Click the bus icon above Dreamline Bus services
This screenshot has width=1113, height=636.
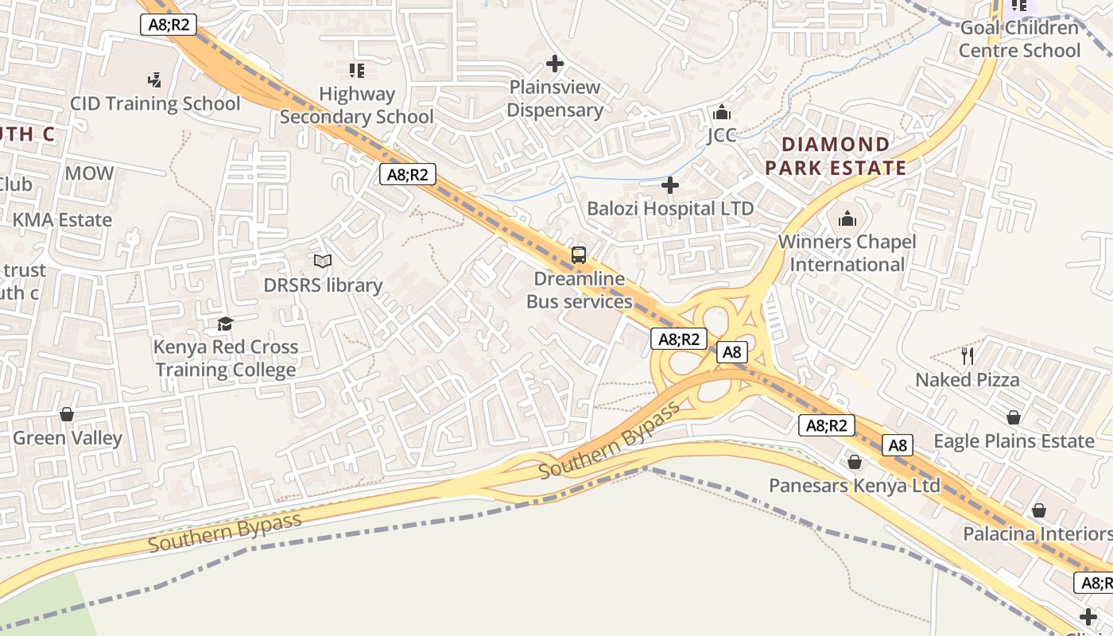coord(579,255)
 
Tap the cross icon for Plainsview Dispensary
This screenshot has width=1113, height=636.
coord(555,64)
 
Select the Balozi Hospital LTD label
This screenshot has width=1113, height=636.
coord(670,208)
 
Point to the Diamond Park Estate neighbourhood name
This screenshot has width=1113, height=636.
coord(836,156)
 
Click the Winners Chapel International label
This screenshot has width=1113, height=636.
coord(847,253)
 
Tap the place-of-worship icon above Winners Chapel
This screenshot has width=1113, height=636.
coord(847,218)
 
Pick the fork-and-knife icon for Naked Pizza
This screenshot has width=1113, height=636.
coord(967,355)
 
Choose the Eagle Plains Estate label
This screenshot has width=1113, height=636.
coord(1014,440)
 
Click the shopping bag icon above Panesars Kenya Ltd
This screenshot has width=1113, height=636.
coord(855,462)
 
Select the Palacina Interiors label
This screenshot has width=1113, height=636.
coord(1037,533)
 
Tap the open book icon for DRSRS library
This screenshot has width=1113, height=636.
coord(323,261)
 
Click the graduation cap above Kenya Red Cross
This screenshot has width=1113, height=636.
coord(226,324)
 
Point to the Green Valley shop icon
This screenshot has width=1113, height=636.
coord(67,414)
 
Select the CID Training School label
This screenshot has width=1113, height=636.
coord(155,103)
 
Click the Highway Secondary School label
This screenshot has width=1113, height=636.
coord(357,105)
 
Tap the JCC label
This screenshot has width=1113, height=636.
coord(722,135)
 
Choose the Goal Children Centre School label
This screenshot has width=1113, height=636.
coord(1019,39)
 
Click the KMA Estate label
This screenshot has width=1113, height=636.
coord(62,219)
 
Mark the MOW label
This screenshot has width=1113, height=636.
coord(89,173)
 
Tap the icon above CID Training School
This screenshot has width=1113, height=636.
coord(155,79)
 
